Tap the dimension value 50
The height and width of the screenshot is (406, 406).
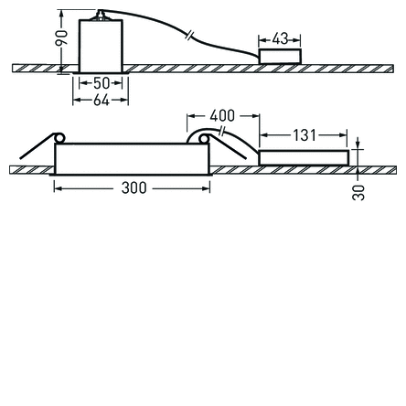click(100, 84)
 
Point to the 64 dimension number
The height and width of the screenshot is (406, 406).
click(101, 99)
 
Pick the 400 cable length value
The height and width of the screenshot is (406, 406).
click(222, 116)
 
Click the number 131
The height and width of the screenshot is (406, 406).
click(304, 135)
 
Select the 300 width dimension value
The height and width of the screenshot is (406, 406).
click(134, 187)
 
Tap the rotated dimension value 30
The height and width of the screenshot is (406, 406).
click(358, 192)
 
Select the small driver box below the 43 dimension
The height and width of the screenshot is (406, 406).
click(280, 57)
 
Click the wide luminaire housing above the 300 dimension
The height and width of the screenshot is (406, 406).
click(134, 158)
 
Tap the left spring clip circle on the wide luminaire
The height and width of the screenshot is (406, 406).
click(59, 138)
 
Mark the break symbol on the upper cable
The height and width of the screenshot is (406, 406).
click(188, 35)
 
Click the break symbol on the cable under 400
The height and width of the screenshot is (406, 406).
click(222, 133)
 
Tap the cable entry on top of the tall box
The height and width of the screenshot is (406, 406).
click(101, 16)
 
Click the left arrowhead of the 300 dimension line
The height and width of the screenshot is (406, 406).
click(57, 187)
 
